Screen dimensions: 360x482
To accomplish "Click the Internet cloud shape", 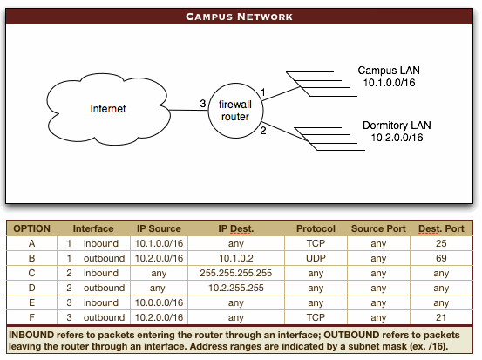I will coord(109,110).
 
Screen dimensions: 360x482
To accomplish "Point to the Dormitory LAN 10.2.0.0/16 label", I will coord(397,132).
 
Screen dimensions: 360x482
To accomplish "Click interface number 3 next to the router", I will coord(202,104).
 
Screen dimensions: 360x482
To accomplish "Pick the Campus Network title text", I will coord(241,17).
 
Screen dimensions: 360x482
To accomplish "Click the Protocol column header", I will coord(316,228).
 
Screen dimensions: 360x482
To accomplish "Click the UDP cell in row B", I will coord(316,257).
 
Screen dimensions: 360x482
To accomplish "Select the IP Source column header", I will coord(159,228).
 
